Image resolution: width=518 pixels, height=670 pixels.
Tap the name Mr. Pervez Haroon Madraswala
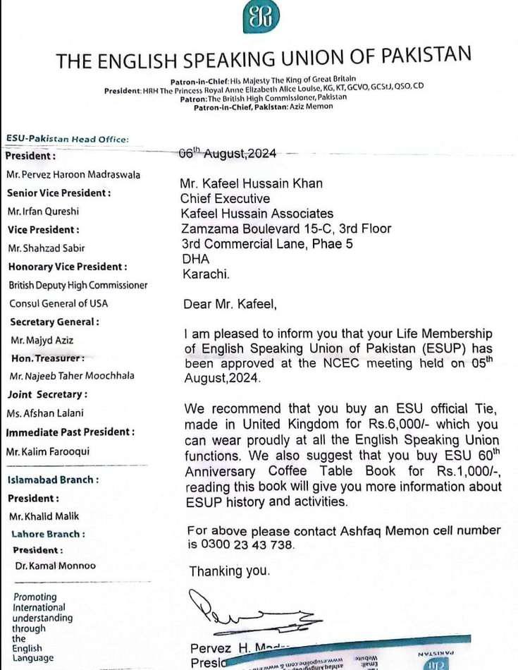tap(74, 174)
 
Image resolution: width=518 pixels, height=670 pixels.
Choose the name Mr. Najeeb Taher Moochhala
tap(70, 376)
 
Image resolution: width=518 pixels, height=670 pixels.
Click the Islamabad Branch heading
tap(53, 480)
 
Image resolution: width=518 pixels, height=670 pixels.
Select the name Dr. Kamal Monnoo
tap(55, 566)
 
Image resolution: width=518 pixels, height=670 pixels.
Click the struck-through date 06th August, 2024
tap(228, 154)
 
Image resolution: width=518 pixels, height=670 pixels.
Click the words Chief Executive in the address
tap(225, 198)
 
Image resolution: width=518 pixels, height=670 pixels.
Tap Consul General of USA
tap(58, 303)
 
